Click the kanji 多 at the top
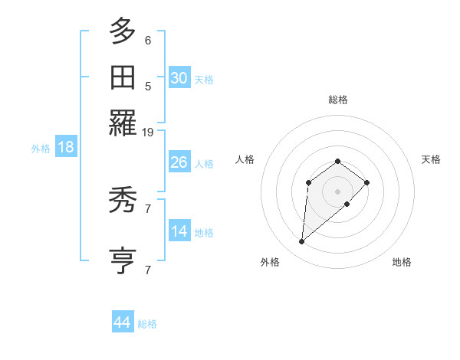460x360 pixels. pos(123,32)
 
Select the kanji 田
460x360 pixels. pos(123,77)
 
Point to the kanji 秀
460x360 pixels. pos(123,201)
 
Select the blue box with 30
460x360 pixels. pos(179,78)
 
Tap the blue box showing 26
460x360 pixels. pos(179,162)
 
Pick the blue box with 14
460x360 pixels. pos(179,231)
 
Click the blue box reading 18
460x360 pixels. pos(66,147)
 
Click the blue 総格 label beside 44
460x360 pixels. pos(147,324)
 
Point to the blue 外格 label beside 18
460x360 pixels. pos(41,149)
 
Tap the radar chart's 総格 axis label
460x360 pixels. pos(338,100)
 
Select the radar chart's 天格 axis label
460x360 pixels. pos(431,159)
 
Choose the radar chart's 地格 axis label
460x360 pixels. pos(402,262)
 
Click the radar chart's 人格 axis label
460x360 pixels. pos(245,159)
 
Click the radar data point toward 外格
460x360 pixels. pos(301,242)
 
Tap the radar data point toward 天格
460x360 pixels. pos(367,182)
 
